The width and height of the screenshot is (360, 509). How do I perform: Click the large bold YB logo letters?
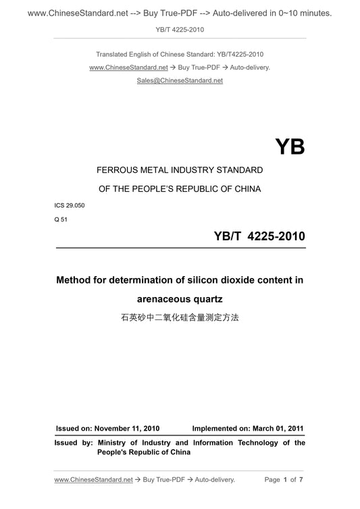click(290, 146)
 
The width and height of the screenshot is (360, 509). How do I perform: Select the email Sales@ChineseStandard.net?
click(180, 80)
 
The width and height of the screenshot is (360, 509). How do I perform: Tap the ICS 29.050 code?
click(70, 203)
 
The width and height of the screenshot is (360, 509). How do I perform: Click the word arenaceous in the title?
click(156, 298)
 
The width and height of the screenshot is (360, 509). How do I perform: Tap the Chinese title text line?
click(180, 316)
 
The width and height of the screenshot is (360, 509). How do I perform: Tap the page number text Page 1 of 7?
click(288, 480)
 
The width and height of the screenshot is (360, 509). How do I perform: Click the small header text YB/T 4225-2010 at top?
click(180, 29)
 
